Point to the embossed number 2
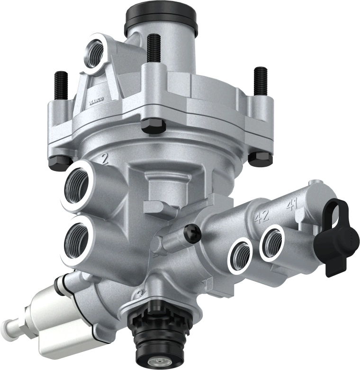(x=105, y=158)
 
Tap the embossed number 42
(x=261, y=217)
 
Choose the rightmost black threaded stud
(x=260, y=81)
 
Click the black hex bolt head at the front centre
(x=154, y=126)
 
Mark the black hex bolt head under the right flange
(x=260, y=158)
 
